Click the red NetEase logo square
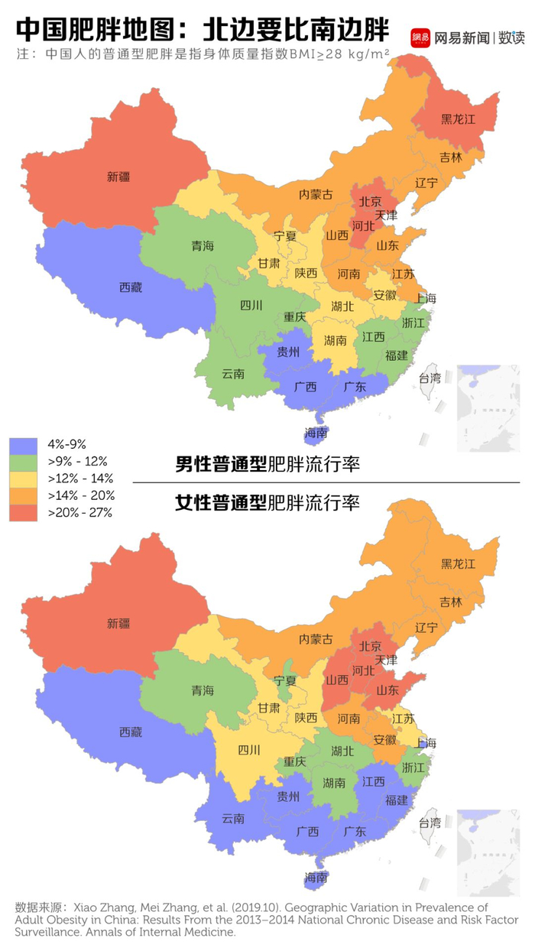tap(420, 37)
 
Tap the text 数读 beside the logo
tap(511, 37)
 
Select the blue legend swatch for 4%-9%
tap(23, 445)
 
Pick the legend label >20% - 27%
tap(80, 512)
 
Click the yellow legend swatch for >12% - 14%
tap(23, 479)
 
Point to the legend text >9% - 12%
tap(78, 462)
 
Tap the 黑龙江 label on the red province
tap(458, 119)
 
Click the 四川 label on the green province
tap(251, 306)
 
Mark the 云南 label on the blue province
tap(233, 818)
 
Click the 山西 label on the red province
tap(337, 680)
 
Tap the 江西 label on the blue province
tap(374, 781)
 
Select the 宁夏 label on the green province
tap(285, 680)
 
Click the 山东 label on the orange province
tap(387, 246)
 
